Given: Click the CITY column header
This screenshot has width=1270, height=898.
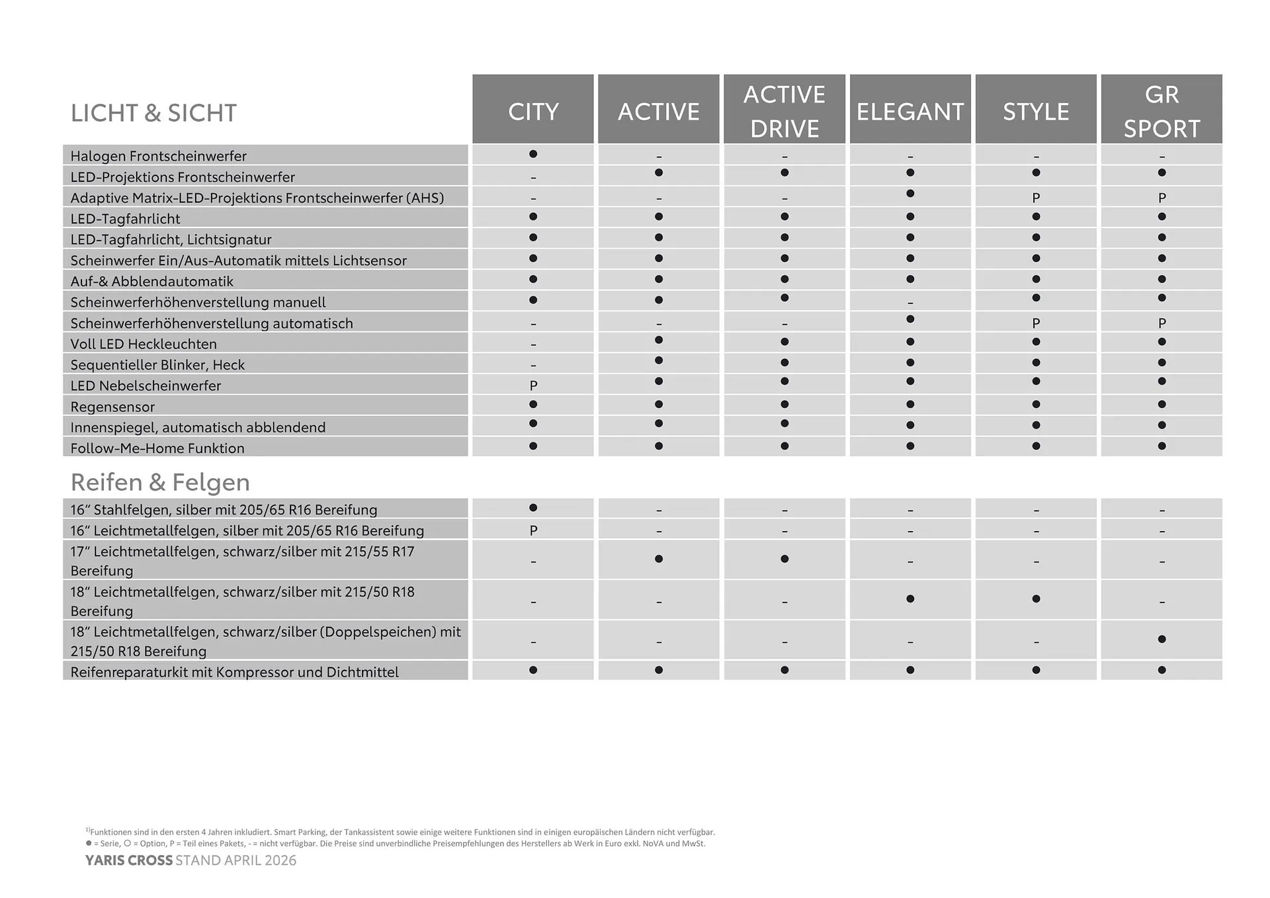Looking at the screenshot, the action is click(x=533, y=111).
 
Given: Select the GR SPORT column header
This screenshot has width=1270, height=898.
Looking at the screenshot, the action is click(x=1162, y=111).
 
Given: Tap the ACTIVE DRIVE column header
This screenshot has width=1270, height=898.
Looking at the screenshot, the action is click(x=784, y=111).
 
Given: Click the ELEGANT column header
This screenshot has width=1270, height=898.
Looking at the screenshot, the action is click(x=910, y=111).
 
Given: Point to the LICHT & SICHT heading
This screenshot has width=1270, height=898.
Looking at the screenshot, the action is click(x=153, y=113).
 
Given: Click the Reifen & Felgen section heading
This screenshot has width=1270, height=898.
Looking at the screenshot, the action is click(x=160, y=482).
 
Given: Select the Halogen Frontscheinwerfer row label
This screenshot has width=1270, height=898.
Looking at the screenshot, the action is click(x=158, y=156).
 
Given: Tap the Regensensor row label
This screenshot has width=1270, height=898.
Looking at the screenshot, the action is click(x=112, y=407).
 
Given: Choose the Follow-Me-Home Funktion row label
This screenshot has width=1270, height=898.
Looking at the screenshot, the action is click(x=157, y=448).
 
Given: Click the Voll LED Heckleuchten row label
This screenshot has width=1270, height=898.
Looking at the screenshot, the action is click(x=144, y=344).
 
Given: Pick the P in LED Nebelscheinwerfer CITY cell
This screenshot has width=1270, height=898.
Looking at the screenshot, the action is click(x=533, y=386).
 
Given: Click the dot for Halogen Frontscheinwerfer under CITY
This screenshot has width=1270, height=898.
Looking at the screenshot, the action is click(x=533, y=154).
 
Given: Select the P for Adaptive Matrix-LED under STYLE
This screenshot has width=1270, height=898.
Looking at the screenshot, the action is click(x=1036, y=198).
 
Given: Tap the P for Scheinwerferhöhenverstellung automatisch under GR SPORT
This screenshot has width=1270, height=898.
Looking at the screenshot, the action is click(x=1162, y=323).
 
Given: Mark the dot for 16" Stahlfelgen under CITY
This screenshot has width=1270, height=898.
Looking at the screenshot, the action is click(x=533, y=508).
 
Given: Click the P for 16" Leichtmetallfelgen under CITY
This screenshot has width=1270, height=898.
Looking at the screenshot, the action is click(x=533, y=530).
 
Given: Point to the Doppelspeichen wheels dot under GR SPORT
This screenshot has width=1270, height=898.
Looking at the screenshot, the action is click(x=1162, y=639).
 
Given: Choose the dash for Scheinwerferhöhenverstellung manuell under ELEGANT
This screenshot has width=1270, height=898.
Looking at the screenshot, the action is click(x=910, y=303).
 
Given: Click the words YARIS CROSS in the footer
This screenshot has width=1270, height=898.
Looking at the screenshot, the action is click(x=128, y=860).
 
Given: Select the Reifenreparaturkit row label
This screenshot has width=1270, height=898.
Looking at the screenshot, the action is click(x=234, y=672).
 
